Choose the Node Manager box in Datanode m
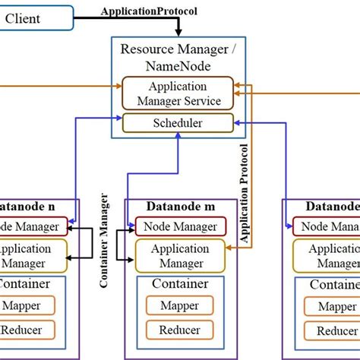(x=180, y=226)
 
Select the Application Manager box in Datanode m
(x=180, y=255)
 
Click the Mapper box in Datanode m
(x=180, y=306)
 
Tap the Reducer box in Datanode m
(x=180, y=330)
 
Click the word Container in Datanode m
(x=180, y=284)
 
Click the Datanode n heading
(x=29, y=207)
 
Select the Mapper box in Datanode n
(x=29, y=306)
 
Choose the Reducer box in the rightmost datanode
(x=334, y=330)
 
